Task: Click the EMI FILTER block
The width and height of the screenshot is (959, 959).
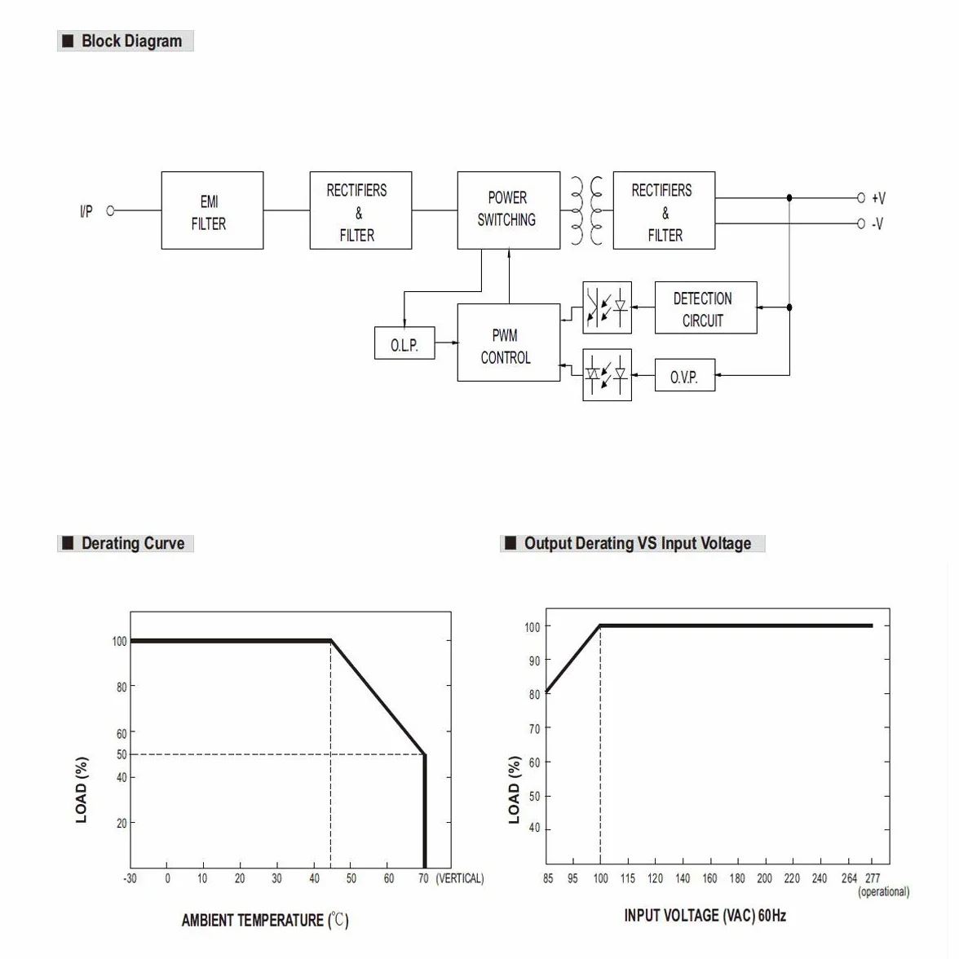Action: (212, 210)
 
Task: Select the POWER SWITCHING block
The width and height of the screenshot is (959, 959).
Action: (509, 210)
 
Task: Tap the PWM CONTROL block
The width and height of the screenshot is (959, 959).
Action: (509, 342)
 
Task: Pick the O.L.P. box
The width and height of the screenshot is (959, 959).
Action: (404, 343)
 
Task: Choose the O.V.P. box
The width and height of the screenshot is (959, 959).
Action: (685, 375)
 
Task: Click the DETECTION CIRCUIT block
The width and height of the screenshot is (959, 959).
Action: (706, 307)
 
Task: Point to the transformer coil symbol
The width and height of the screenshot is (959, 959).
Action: (586, 210)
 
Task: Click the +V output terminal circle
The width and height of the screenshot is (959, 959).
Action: (861, 198)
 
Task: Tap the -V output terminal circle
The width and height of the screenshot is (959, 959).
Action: (861, 223)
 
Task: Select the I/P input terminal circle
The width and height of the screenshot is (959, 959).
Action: (111, 210)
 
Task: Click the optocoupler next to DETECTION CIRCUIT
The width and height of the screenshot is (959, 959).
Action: (608, 307)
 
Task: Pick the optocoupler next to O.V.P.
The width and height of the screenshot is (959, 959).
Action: (608, 375)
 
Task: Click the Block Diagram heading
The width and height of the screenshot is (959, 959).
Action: (126, 41)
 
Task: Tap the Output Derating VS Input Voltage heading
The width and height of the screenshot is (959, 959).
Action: (633, 543)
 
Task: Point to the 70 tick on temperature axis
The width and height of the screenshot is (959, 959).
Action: (423, 878)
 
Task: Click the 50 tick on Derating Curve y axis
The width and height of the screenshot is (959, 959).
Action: (122, 755)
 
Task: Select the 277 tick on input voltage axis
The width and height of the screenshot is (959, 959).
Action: (873, 878)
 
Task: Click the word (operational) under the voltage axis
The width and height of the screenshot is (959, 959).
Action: (884, 892)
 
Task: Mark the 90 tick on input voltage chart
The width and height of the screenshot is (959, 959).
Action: (535, 661)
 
